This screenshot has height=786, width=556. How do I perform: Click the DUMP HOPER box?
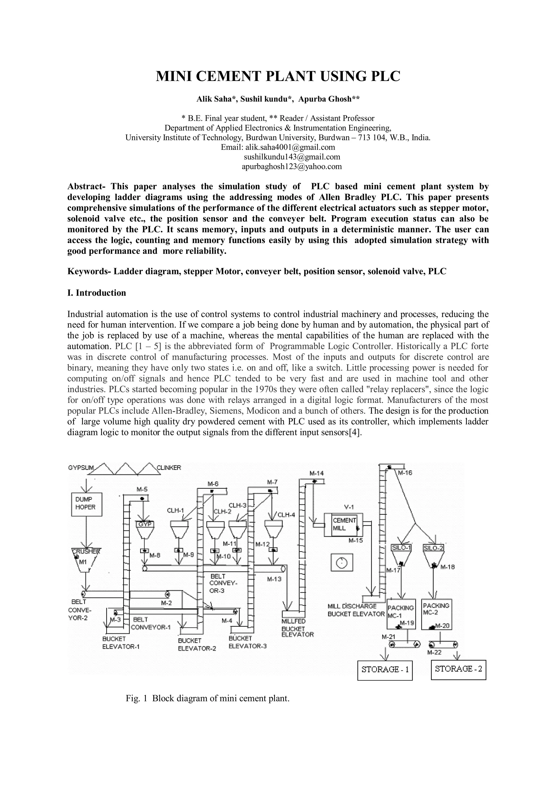tap(87, 504)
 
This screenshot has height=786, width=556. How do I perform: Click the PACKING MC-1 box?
tap(401, 614)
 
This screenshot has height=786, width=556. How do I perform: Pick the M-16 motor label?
tap(405, 473)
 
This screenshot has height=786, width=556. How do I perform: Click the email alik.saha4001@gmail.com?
tap(290, 147)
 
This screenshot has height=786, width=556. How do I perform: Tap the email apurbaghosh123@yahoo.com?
tap(292, 166)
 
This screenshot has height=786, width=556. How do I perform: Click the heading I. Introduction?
tap(97, 293)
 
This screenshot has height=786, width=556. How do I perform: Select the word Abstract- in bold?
tap(86, 187)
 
